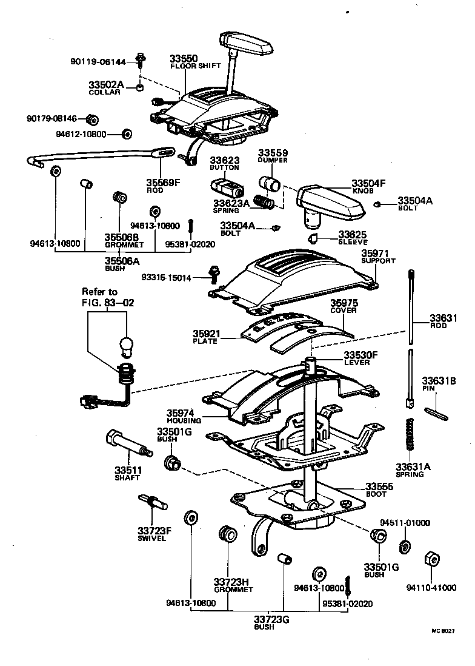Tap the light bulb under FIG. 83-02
[x=125, y=346]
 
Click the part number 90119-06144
[x=97, y=61]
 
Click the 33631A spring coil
[x=410, y=434]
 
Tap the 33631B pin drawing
[x=435, y=412]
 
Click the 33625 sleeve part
[x=314, y=237]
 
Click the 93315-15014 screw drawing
[x=214, y=274]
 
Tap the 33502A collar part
[x=140, y=87]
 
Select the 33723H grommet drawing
[x=228, y=534]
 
